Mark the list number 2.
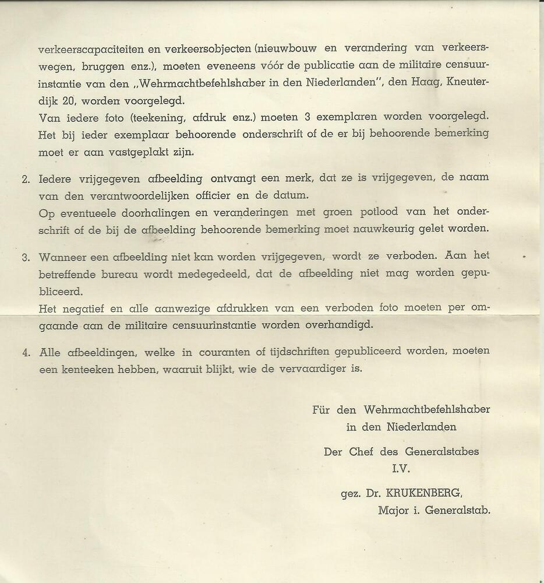coord(25,179)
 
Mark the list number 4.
coord(25,352)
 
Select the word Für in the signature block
coord(321,410)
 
